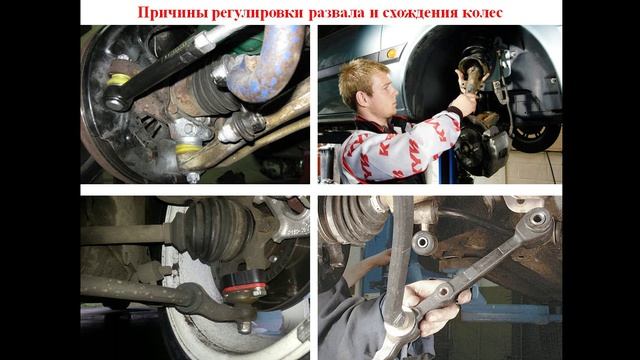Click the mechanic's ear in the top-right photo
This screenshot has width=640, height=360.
tap(372, 79)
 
